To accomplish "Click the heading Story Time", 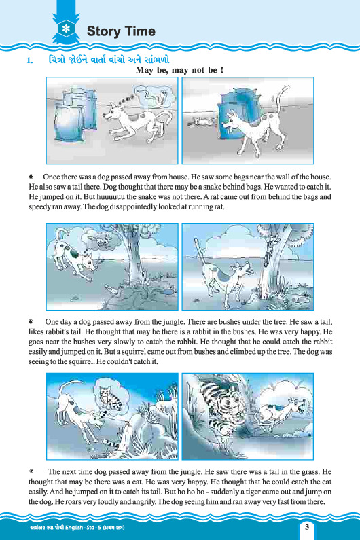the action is (x=121, y=31).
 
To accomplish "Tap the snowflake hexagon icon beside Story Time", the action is (x=66, y=29).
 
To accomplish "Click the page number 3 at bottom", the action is (x=306, y=527).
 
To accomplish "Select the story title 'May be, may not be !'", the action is (x=179, y=70).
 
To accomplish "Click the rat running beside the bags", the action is (x=202, y=121).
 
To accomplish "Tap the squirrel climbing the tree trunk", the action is (x=269, y=251).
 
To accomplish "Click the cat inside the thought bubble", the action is (x=110, y=397).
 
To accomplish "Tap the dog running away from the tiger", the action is (x=281, y=413).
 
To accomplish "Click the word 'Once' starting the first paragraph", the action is (x=51, y=177).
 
